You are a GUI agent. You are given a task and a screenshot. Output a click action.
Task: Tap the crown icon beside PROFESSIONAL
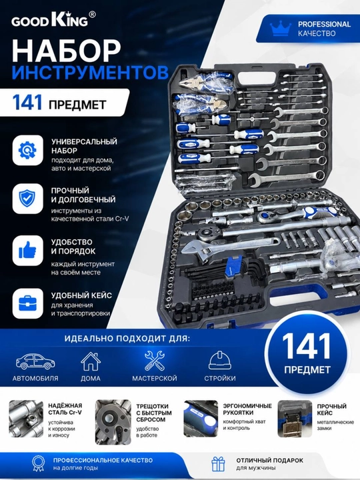pyautogui.click(x=281, y=28)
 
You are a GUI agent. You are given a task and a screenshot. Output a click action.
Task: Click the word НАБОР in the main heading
pyautogui.click(x=67, y=51)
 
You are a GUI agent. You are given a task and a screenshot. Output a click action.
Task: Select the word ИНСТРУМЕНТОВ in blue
pyautogui.click(x=90, y=73)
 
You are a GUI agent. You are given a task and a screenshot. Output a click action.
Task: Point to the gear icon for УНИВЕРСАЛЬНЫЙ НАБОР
pyautogui.click(x=27, y=150)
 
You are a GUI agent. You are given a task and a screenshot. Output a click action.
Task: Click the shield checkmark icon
pyautogui.click(x=27, y=199)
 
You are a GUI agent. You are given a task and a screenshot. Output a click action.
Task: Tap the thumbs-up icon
pyautogui.click(x=27, y=250)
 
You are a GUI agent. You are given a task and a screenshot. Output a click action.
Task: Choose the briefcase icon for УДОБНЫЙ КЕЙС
pyautogui.click(x=27, y=303)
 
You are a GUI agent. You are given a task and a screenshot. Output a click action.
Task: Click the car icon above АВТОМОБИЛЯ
pyautogui.click(x=35, y=361)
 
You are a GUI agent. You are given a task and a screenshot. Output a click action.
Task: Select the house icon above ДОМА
pyautogui.click(x=91, y=361)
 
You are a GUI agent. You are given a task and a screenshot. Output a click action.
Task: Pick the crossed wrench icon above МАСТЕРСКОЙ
pyautogui.click(x=155, y=361)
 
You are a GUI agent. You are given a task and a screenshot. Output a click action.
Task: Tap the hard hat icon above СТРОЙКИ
pyautogui.click(x=220, y=361)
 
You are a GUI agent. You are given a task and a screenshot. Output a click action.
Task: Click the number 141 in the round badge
pyautogui.click(x=307, y=346)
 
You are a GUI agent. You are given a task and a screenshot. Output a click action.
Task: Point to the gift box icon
pyautogui.click(x=218, y=464)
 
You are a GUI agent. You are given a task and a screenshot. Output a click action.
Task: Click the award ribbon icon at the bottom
pyautogui.click(x=39, y=463)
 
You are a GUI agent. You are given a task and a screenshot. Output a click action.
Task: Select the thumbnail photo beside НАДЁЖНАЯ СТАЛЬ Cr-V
pyautogui.click(x=26, y=419)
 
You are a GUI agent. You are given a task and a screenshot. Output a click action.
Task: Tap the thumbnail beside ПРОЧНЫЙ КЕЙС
pyautogui.click(x=295, y=419)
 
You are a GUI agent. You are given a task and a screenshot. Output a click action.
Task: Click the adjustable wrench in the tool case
pyautogui.click(x=229, y=246)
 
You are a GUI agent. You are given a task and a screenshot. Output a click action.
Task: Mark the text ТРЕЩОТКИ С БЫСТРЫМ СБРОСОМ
pyautogui.click(x=154, y=413)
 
